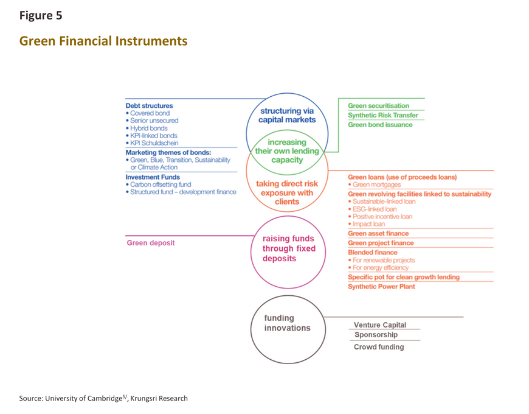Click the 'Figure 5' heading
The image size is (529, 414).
coord(41,16)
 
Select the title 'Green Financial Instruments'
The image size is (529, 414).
coord(103,41)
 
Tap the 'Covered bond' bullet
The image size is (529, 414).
coord(148,113)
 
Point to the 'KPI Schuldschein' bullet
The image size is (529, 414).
coord(152,143)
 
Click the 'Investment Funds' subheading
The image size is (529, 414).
coord(153,177)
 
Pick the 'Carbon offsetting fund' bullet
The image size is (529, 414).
coord(158,184)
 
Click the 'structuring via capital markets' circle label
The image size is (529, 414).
coord(287,115)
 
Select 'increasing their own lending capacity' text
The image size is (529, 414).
coord(287,151)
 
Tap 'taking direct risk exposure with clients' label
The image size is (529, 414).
coord(287,192)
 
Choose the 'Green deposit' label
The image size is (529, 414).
coord(151,243)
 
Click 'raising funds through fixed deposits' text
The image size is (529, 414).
coord(289,248)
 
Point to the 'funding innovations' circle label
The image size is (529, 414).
coord(287,323)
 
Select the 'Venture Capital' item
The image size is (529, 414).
coord(380,325)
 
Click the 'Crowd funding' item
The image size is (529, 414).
coord(379,347)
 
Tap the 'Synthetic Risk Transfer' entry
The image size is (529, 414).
coord(383,115)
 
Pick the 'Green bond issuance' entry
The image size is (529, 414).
coord(380,125)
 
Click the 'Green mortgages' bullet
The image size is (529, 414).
coord(375,184)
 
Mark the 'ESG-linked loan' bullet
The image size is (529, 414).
coord(373,209)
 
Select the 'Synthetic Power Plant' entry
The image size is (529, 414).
coord(382,286)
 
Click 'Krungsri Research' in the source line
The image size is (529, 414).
coord(159,398)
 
